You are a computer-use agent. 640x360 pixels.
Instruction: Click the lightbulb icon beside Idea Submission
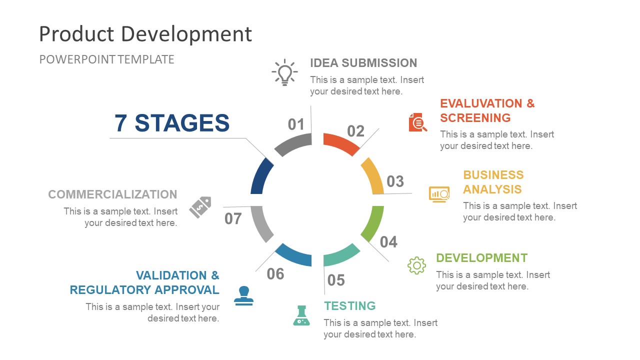click(284, 72)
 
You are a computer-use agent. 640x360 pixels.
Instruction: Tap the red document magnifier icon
click(418, 122)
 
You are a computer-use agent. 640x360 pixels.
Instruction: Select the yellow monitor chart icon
click(439, 194)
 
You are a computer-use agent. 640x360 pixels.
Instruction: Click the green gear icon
click(416, 265)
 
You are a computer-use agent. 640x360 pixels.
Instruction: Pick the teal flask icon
click(301, 316)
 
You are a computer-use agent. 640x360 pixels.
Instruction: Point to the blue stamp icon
click(243, 295)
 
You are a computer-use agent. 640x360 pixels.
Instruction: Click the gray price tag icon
click(200, 207)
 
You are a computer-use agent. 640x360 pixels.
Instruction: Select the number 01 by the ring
click(296, 124)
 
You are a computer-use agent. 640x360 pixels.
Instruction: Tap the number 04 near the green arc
click(388, 242)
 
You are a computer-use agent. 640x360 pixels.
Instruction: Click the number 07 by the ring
click(233, 219)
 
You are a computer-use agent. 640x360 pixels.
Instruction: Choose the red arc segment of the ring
click(341, 143)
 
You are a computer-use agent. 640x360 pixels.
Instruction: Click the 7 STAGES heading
click(172, 123)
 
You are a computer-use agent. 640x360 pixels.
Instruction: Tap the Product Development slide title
click(145, 34)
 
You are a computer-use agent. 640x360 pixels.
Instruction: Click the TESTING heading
click(349, 306)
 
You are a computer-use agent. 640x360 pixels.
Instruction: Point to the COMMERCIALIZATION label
click(112, 194)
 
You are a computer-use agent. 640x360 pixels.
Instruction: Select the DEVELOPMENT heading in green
click(481, 258)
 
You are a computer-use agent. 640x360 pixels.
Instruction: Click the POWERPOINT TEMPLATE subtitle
click(106, 59)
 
